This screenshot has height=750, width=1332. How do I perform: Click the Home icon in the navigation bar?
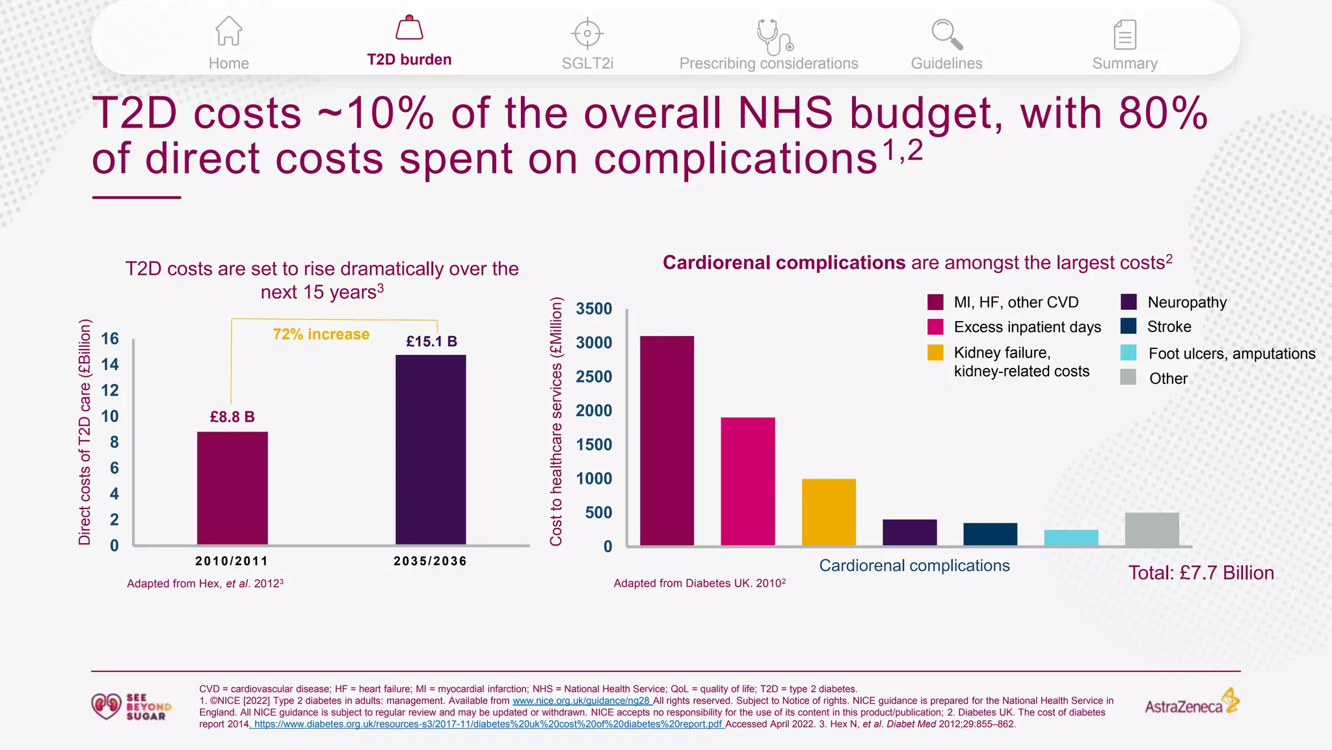tap(229, 31)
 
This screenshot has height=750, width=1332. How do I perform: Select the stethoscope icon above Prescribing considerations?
tap(775, 36)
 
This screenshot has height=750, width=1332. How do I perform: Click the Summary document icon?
tap(1125, 35)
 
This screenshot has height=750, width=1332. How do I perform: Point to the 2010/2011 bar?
tap(232, 488)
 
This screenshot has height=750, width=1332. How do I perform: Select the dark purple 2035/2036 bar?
tap(431, 450)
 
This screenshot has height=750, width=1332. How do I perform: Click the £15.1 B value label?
tap(432, 341)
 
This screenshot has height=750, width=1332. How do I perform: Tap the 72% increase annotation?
tap(321, 334)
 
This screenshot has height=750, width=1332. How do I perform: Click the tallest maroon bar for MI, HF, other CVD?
tap(667, 441)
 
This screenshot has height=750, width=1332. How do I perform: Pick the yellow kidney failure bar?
tap(829, 512)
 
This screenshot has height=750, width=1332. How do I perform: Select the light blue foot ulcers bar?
tap(1071, 538)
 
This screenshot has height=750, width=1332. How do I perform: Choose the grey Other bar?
tap(1152, 529)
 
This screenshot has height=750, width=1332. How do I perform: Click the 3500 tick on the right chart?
tap(594, 309)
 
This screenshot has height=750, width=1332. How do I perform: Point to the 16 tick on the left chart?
tap(110, 339)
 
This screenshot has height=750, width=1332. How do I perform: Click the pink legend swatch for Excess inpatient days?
tap(935, 327)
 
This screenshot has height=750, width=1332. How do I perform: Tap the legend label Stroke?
tap(1169, 327)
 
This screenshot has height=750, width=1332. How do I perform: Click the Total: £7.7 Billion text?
tap(1201, 573)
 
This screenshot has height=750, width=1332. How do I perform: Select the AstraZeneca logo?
tap(1192, 702)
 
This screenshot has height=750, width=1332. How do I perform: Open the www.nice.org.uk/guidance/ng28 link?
tap(581, 701)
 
